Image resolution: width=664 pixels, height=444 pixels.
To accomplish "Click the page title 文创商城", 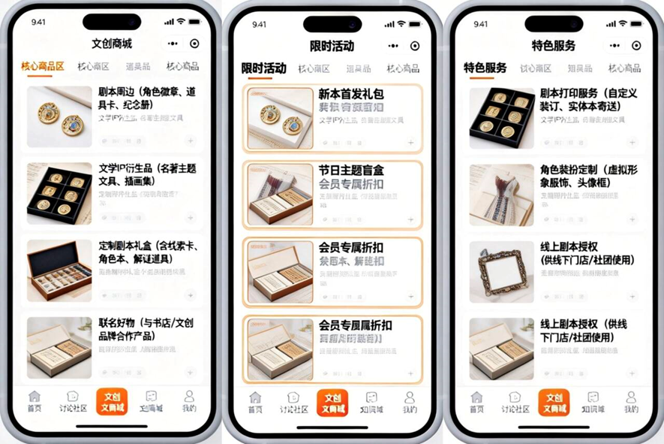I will [112, 44].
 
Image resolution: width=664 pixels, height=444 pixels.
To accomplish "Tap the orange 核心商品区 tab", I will [42, 67].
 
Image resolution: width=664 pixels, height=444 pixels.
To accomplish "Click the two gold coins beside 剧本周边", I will [59, 116].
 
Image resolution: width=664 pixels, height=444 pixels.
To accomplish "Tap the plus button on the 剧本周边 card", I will [191, 140].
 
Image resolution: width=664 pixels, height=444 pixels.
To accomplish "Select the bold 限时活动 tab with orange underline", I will [263, 69].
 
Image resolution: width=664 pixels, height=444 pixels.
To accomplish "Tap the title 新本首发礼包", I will [350, 95].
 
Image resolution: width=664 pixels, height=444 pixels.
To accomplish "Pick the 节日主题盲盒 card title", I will [350, 171].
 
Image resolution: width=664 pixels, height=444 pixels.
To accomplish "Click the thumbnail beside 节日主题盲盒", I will [280, 195].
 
